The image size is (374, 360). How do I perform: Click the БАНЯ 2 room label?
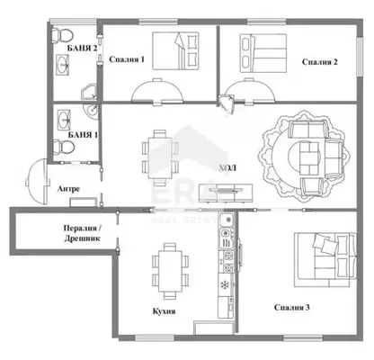coord(82,48)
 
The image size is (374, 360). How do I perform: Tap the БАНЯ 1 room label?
coord(83,135)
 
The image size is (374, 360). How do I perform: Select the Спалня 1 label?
coord(127,59)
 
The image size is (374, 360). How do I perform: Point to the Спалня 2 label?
coord(320,62)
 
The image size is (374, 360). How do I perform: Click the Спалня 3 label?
coord(292,308)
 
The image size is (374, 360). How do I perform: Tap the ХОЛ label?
coord(227,167)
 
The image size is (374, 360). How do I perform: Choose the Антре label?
coord(68,189)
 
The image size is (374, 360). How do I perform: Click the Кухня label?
coord(164,311)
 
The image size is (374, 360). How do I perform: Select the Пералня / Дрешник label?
coord(82,233)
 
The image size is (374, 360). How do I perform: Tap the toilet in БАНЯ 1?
coord(63,147)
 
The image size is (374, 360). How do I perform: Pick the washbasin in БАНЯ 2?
coord(64,64)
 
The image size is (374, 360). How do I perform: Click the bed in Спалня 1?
coord(175,50)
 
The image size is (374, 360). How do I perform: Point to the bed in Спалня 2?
coord(263,53)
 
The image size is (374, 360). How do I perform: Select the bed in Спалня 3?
coord(325,260)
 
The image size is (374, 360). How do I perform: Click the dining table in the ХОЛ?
coord(160,157)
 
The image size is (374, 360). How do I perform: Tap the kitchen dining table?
coord(170,271)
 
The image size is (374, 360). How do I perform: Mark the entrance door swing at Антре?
coord(37,182)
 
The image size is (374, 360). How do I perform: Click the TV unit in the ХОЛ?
coord(227,193)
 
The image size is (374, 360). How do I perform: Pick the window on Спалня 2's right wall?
coord(360,57)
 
